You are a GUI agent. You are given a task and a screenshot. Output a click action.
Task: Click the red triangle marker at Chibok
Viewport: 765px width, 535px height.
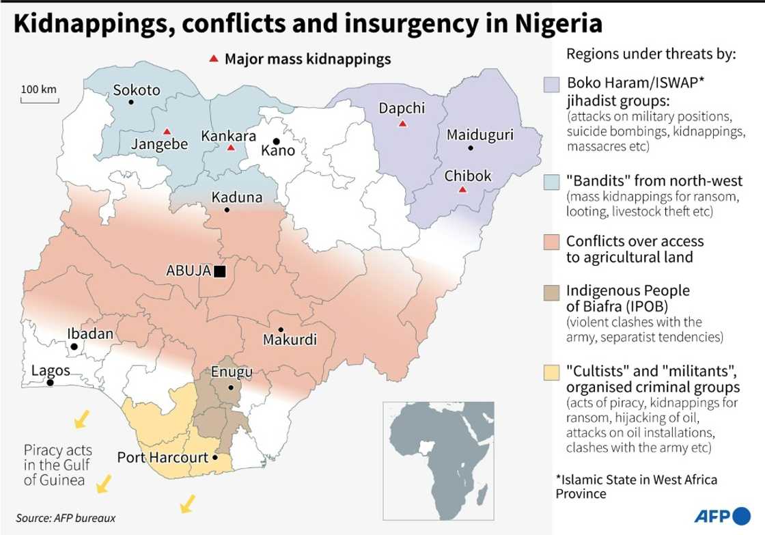(x=462, y=189)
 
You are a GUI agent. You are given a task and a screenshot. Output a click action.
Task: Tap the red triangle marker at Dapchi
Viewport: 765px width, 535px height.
(x=403, y=124)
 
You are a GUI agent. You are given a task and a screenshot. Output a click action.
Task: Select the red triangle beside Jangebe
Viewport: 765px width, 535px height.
(x=167, y=131)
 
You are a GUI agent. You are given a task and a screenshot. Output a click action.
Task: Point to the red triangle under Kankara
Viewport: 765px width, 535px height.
(x=230, y=148)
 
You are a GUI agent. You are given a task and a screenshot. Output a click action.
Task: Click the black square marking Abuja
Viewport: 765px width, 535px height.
(x=219, y=271)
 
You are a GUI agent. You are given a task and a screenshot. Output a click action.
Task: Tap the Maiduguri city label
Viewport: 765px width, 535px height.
(x=479, y=135)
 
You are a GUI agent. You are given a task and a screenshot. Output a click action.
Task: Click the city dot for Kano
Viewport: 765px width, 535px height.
(x=277, y=141)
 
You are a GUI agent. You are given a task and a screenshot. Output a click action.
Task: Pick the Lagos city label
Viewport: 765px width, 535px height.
(x=51, y=370)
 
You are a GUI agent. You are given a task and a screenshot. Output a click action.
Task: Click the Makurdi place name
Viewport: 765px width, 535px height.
(x=290, y=340)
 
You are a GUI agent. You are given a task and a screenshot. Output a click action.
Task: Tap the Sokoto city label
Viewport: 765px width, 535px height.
(x=137, y=90)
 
